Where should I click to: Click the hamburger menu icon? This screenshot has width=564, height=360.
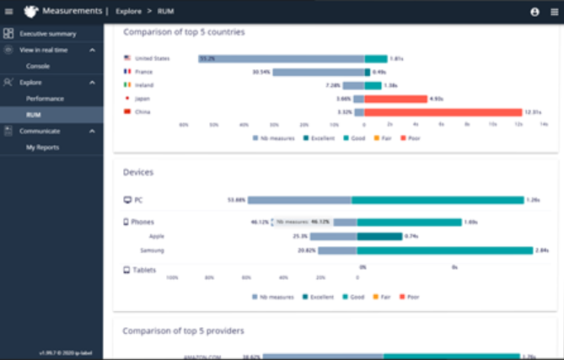click(x=8, y=12)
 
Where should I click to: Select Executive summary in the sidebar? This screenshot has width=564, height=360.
click(x=48, y=34)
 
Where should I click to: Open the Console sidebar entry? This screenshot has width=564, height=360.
click(x=38, y=66)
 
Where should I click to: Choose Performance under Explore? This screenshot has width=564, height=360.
click(x=45, y=99)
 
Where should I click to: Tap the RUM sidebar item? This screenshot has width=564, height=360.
click(x=34, y=115)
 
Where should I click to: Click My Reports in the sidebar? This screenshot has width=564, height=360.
click(x=42, y=148)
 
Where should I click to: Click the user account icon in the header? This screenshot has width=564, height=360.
click(x=534, y=12)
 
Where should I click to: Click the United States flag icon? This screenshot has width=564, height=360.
click(x=127, y=59)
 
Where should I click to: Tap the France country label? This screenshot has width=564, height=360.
click(x=143, y=73)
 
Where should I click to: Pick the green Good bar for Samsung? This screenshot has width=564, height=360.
click(x=445, y=250)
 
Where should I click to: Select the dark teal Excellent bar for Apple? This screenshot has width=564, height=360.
click(x=379, y=236)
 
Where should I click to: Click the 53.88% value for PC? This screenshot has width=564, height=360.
click(x=236, y=200)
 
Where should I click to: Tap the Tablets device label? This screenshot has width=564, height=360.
click(x=145, y=271)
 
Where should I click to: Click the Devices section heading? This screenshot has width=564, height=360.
click(x=138, y=172)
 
